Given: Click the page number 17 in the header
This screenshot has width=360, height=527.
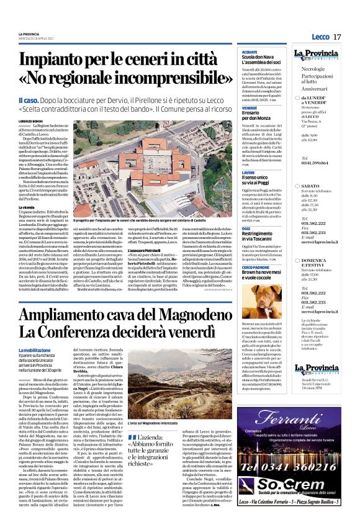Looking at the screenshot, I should coord(337,37).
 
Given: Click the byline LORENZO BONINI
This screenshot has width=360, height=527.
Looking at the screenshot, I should coord(31,121).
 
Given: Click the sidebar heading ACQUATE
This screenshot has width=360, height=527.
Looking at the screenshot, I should coord(250,52).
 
